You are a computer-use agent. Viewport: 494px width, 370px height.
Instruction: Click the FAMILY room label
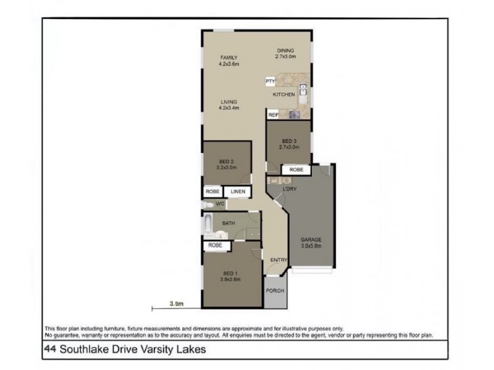228,57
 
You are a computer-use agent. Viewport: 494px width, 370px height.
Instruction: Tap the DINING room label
285,51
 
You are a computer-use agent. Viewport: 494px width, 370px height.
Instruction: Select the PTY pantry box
270,81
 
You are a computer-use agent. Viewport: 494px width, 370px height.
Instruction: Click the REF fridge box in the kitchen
272,115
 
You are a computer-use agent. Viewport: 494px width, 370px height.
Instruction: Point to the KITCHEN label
284,94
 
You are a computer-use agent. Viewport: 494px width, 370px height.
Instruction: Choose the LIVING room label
228,102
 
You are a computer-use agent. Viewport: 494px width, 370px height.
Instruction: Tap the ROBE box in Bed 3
296,169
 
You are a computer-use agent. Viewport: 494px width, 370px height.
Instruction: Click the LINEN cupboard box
238,192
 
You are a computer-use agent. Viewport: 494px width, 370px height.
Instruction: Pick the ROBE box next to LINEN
212,192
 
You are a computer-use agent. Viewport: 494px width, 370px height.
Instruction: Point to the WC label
219,203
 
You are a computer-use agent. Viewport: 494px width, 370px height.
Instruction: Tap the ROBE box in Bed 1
215,245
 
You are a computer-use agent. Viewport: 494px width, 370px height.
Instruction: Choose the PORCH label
275,290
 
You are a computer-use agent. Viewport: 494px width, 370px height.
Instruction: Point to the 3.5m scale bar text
177,303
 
